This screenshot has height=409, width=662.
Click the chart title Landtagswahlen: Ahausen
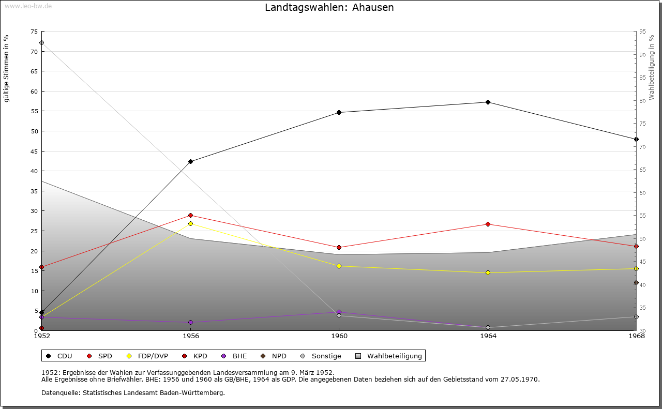click(x=329, y=8)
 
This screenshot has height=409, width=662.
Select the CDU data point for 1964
click(x=488, y=102)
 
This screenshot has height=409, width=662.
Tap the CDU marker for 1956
click(x=190, y=162)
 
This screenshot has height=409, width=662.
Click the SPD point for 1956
click(x=190, y=216)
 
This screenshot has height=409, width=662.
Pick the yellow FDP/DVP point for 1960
click(x=339, y=266)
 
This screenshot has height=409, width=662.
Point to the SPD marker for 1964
click(x=488, y=224)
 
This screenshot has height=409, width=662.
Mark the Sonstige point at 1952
click(x=41, y=43)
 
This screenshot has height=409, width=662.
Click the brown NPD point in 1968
click(x=636, y=283)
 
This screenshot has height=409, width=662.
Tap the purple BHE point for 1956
click(x=190, y=323)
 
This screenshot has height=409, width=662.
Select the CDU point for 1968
click(x=636, y=140)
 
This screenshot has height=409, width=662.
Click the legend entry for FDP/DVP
click(x=147, y=356)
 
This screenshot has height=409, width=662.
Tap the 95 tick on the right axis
click(x=642, y=32)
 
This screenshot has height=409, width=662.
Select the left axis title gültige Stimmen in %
click(x=7, y=68)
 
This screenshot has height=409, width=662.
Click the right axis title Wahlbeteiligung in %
click(x=652, y=67)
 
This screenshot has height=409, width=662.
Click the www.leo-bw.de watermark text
click(x=27, y=5)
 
